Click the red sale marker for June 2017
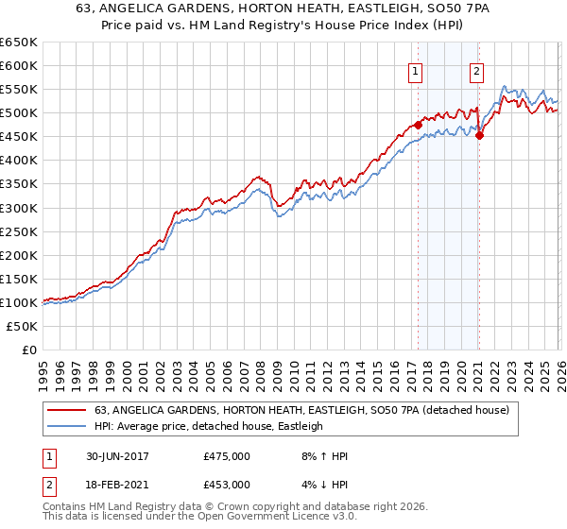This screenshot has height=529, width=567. point(418,125)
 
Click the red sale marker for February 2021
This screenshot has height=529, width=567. point(479,135)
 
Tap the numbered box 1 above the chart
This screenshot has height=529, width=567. point(416,71)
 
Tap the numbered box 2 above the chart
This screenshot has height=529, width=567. point(476,71)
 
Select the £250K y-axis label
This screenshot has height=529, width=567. point(18,231)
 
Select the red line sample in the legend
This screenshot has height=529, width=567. point(68,410)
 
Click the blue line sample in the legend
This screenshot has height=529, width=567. point(68,426)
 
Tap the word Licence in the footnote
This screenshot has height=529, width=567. point(290,519)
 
